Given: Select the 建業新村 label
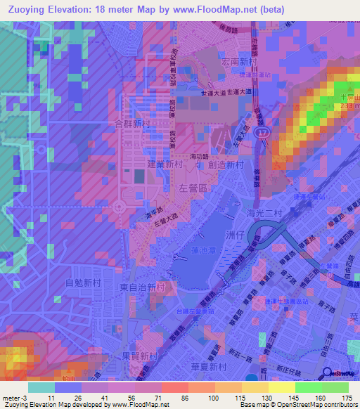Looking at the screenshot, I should coord(165,164).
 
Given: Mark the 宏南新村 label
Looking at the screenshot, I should coord(230,63).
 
